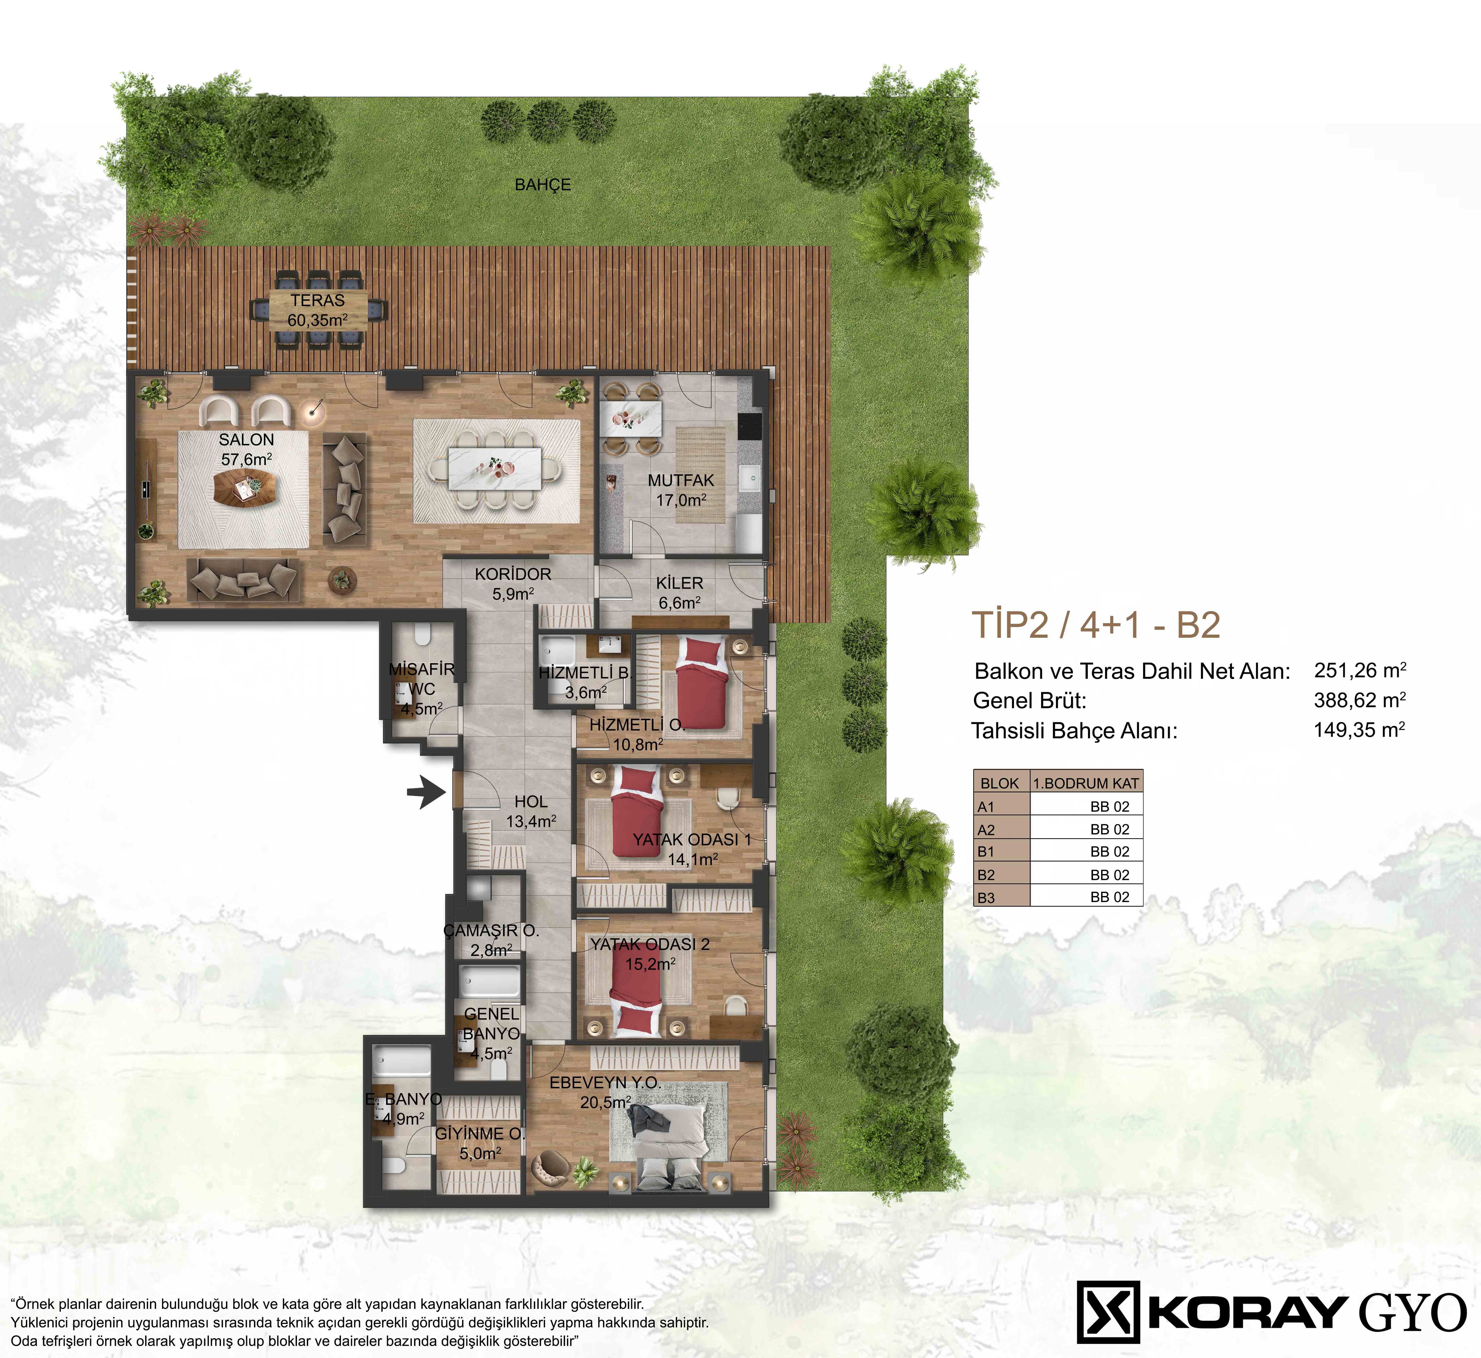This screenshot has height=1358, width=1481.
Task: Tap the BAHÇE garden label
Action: click(x=543, y=184)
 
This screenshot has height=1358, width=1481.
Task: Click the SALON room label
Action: click(x=246, y=439)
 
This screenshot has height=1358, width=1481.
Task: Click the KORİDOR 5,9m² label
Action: click(x=513, y=583)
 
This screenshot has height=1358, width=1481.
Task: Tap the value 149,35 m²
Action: click(x=1359, y=730)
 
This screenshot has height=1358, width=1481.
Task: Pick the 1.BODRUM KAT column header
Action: click(x=1086, y=783)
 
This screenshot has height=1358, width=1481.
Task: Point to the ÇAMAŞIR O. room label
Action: click(x=491, y=930)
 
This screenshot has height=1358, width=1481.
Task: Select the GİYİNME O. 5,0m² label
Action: click(x=480, y=1143)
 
